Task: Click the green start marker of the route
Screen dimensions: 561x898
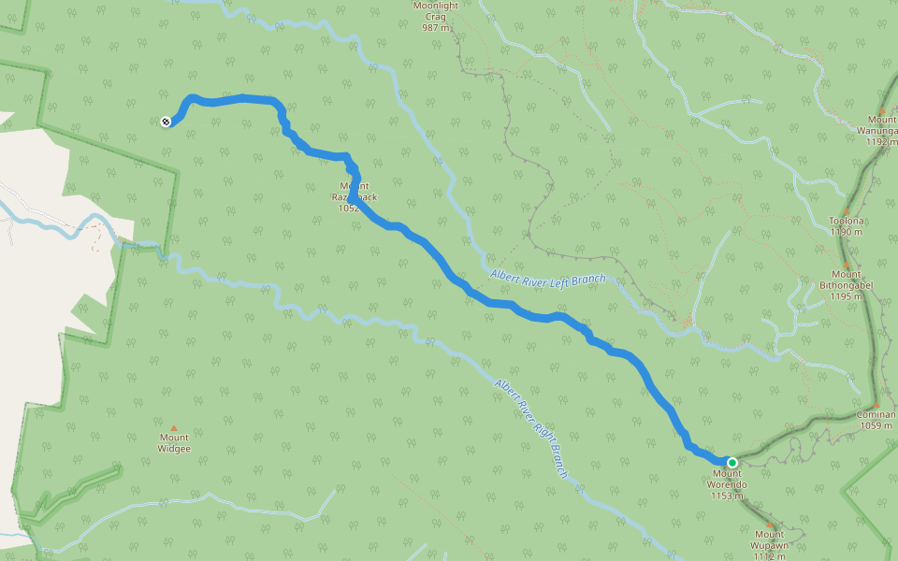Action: pyautogui.click(x=732, y=462)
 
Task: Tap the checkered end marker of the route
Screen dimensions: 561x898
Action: pyautogui.click(x=166, y=122)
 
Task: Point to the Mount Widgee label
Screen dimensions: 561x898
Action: pyautogui.click(x=174, y=443)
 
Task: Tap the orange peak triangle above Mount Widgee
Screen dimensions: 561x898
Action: pyautogui.click(x=173, y=428)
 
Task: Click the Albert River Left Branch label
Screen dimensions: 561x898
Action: pyautogui.click(x=547, y=278)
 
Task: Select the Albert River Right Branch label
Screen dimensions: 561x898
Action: pyautogui.click(x=531, y=429)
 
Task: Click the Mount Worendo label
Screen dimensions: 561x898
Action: pyautogui.click(x=727, y=479)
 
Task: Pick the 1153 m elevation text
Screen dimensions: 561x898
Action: pyautogui.click(x=727, y=496)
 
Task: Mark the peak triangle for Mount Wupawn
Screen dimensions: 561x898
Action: pyautogui.click(x=770, y=524)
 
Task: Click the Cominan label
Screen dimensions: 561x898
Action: pyautogui.click(x=876, y=414)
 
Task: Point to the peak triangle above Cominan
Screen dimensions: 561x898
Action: pyautogui.click(x=876, y=404)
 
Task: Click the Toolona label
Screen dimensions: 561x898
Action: pyautogui.click(x=847, y=221)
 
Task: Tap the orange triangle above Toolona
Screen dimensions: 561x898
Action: pyautogui.click(x=847, y=210)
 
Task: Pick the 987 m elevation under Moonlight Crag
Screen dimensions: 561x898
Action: pyautogui.click(x=437, y=27)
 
